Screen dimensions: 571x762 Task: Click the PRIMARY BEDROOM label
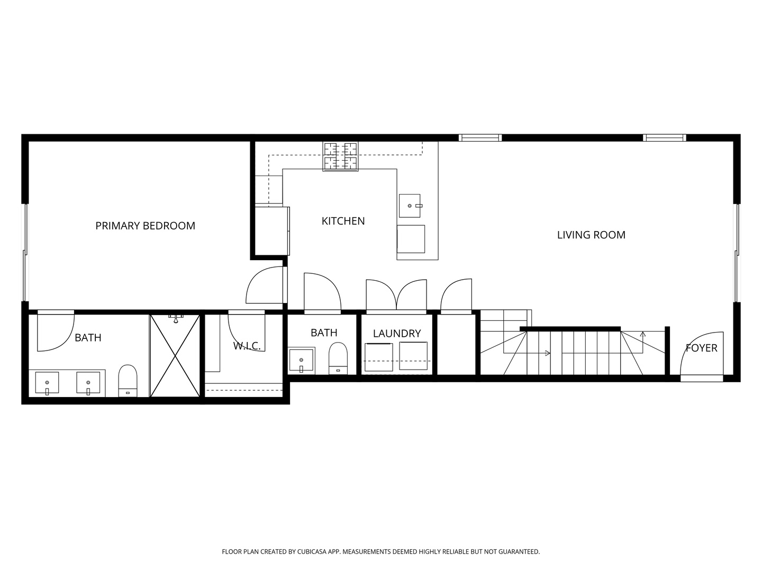[x=145, y=226]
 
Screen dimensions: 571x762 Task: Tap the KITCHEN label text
[x=343, y=221]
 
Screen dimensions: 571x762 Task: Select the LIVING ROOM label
[x=591, y=235]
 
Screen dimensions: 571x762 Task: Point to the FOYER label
[x=701, y=348]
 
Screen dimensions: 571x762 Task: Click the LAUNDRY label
[x=397, y=333]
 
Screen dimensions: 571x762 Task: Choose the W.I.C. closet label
[x=247, y=346]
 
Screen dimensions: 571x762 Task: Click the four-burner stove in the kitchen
[x=340, y=156]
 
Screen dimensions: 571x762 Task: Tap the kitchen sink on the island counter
[x=410, y=206]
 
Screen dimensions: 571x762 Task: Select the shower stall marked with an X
[x=175, y=355]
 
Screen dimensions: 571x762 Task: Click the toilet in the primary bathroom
[x=128, y=380]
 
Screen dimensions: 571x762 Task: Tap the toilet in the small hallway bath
[x=338, y=358]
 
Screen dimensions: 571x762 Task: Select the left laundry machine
[x=379, y=357]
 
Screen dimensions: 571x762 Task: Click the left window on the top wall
[x=480, y=138]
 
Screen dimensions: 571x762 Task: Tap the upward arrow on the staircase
[x=643, y=334]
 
